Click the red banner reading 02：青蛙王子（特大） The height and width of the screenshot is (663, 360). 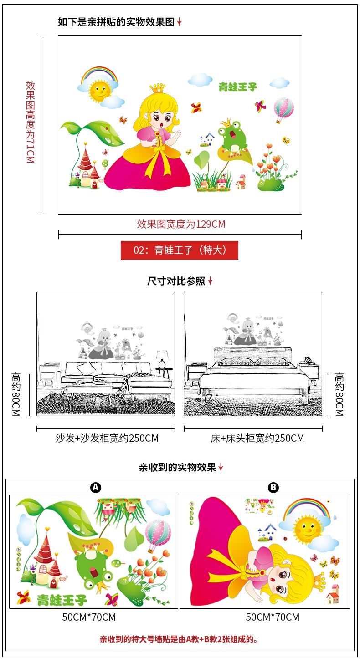pos(179,250)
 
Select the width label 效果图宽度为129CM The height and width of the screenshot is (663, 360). pos(181,224)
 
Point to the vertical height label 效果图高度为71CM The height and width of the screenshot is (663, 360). pos(30,122)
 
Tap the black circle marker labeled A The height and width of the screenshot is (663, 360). pos(95,488)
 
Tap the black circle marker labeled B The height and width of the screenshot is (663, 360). pos(273,488)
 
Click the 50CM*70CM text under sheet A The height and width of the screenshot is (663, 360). pos(89,617)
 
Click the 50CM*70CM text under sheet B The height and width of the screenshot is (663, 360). pos(273,617)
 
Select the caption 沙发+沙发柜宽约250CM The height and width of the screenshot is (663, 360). pos(107,439)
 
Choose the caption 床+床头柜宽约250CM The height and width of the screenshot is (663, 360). pos(257,439)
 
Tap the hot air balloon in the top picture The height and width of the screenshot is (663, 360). pos(283,110)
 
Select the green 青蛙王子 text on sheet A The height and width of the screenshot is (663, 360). pos(62,600)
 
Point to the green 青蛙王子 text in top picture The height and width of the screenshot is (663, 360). pos(237,87)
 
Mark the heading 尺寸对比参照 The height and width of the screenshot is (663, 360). pos(176,281)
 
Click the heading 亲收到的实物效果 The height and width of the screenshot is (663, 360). pos(177,467)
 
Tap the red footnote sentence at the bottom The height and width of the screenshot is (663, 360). pos(180,639)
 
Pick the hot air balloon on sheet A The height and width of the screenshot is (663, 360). pos(158,533)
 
